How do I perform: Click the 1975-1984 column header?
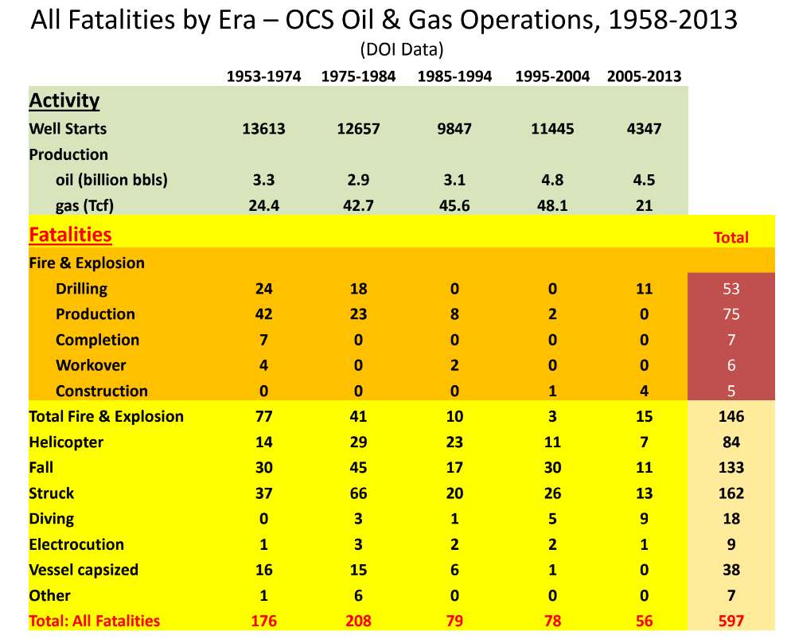click(x=358, y=76)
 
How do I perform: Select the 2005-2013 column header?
click(x=644, y=76)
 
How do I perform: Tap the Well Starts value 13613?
click(x=263, y=129)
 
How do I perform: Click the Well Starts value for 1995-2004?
click(x=552, y=129)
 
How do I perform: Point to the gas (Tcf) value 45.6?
click(x=454, y=205)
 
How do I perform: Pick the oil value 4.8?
click(x=552, y=180)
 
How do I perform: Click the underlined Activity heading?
click(x=64, y=101)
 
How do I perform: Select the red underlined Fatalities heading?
click(x=70, y=235)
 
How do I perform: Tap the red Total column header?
click(x=731, y=237)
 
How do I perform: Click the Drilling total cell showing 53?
click(x=731, y=289)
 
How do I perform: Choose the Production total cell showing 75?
click(x=731, y=314)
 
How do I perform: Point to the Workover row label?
click(x=91, y=365)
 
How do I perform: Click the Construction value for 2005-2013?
click(x=644, y=391)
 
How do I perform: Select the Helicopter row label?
click(x=66, y=442)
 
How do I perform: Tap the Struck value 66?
click(x=358, y=493)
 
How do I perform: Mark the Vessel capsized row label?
click(x=84, y=570)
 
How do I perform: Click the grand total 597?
click(x=731, y=621)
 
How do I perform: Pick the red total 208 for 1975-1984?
click(x=358, y=621)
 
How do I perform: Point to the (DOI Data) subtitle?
click(x=401, y=49)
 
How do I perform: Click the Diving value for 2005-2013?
click(x=644, y=519)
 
